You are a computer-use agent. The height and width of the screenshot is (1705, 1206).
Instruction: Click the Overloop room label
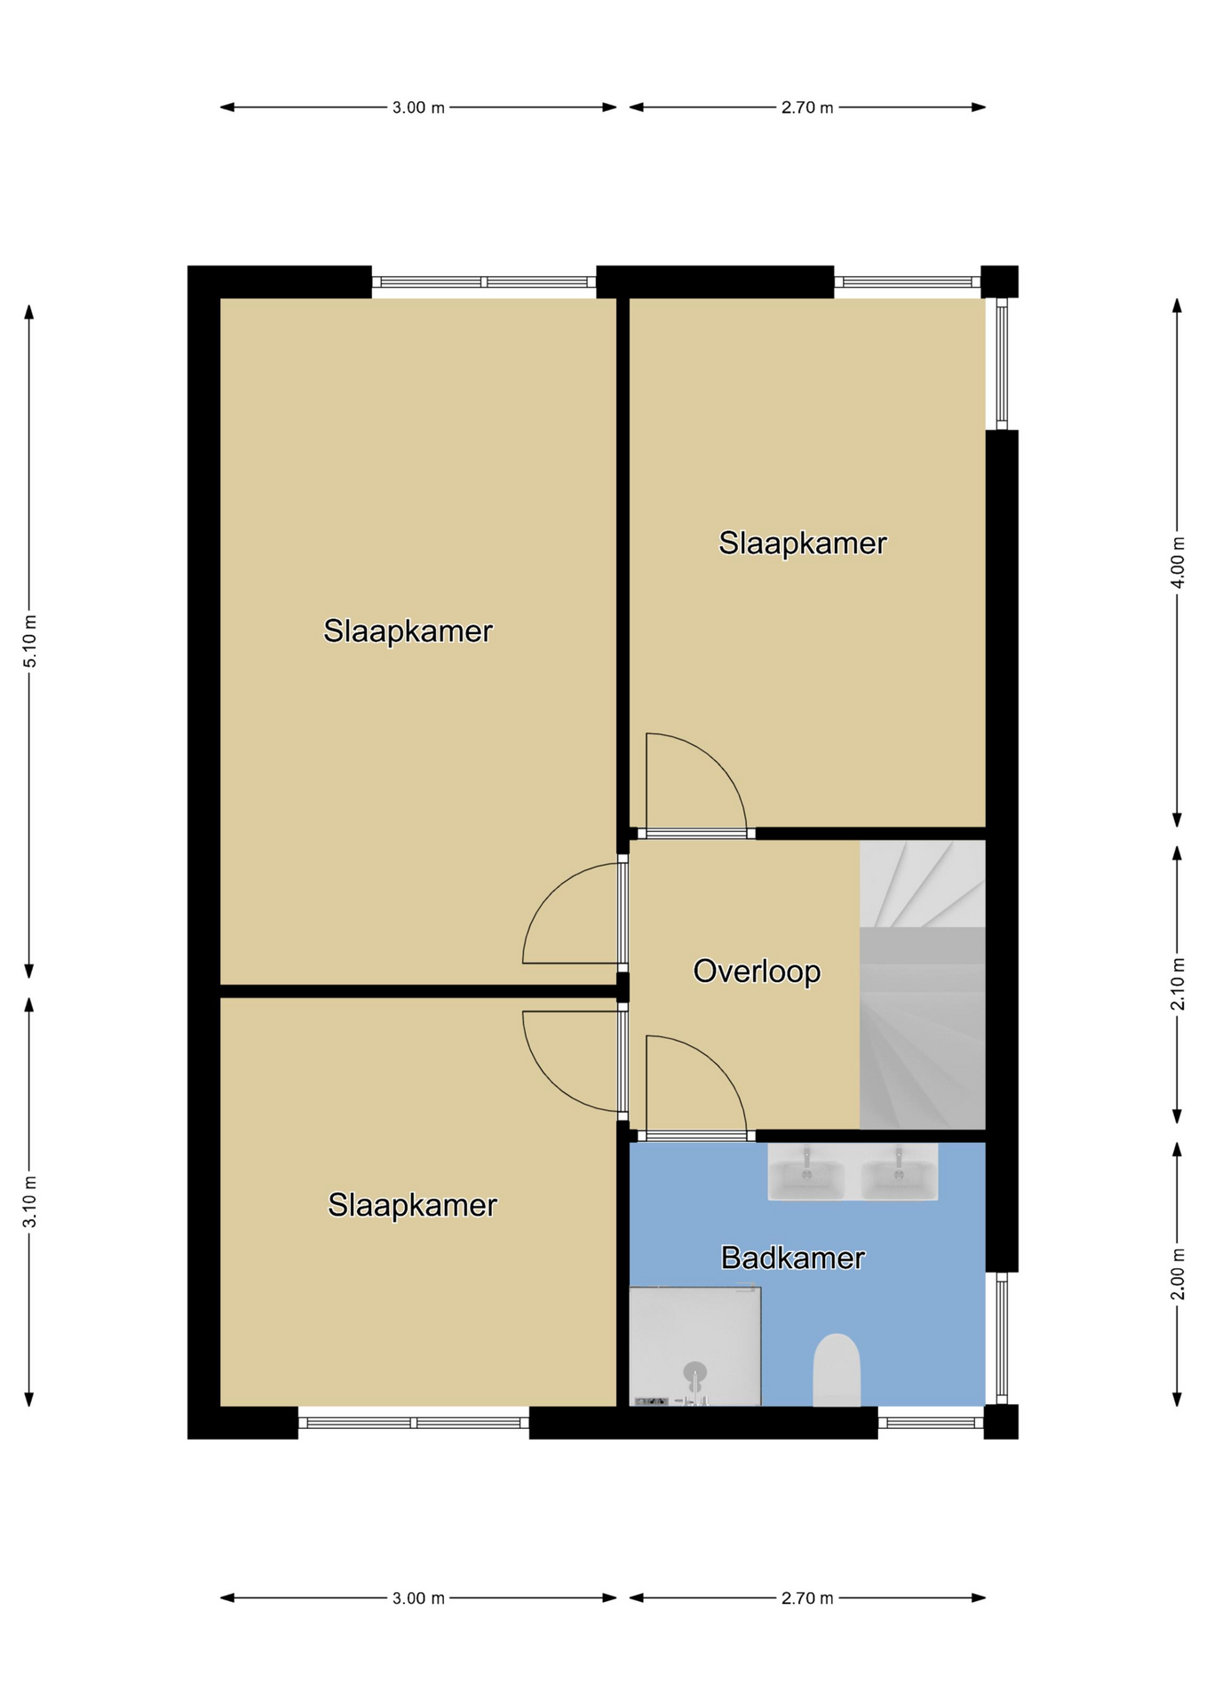point(757,971)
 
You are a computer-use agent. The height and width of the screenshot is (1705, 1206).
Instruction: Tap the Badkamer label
point(792,1257)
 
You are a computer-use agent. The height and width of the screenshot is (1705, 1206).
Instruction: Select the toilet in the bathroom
point(837,1369)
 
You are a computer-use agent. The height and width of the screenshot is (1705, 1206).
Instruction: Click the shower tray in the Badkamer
point(694,1346)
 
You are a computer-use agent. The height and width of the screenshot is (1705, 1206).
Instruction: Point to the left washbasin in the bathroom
point(806,1172)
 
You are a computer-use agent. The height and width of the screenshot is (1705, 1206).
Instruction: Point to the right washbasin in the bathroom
point(899,1172)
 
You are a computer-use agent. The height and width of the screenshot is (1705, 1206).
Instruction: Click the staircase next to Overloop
point(923,985)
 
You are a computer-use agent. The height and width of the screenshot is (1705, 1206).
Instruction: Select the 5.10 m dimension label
point(29,640)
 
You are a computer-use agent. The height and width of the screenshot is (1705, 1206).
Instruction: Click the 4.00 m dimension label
point(1178,562)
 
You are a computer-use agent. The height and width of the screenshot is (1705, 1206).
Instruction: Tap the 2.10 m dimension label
point(1178,984)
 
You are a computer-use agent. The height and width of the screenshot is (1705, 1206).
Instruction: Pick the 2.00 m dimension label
point(1178,1274)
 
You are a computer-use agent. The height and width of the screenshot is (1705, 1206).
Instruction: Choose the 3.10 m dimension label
point(29,1202)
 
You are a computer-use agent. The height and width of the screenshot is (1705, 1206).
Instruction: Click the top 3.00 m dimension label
point(418,107)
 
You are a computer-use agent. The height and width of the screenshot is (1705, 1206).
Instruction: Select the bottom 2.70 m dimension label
point(807,1598)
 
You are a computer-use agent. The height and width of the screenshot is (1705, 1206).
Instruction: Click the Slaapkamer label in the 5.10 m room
point(408,631)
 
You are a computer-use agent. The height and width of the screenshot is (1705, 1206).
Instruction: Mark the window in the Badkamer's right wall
point(1002,1338)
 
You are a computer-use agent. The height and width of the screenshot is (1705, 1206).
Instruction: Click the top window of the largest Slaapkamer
point(484,282)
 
